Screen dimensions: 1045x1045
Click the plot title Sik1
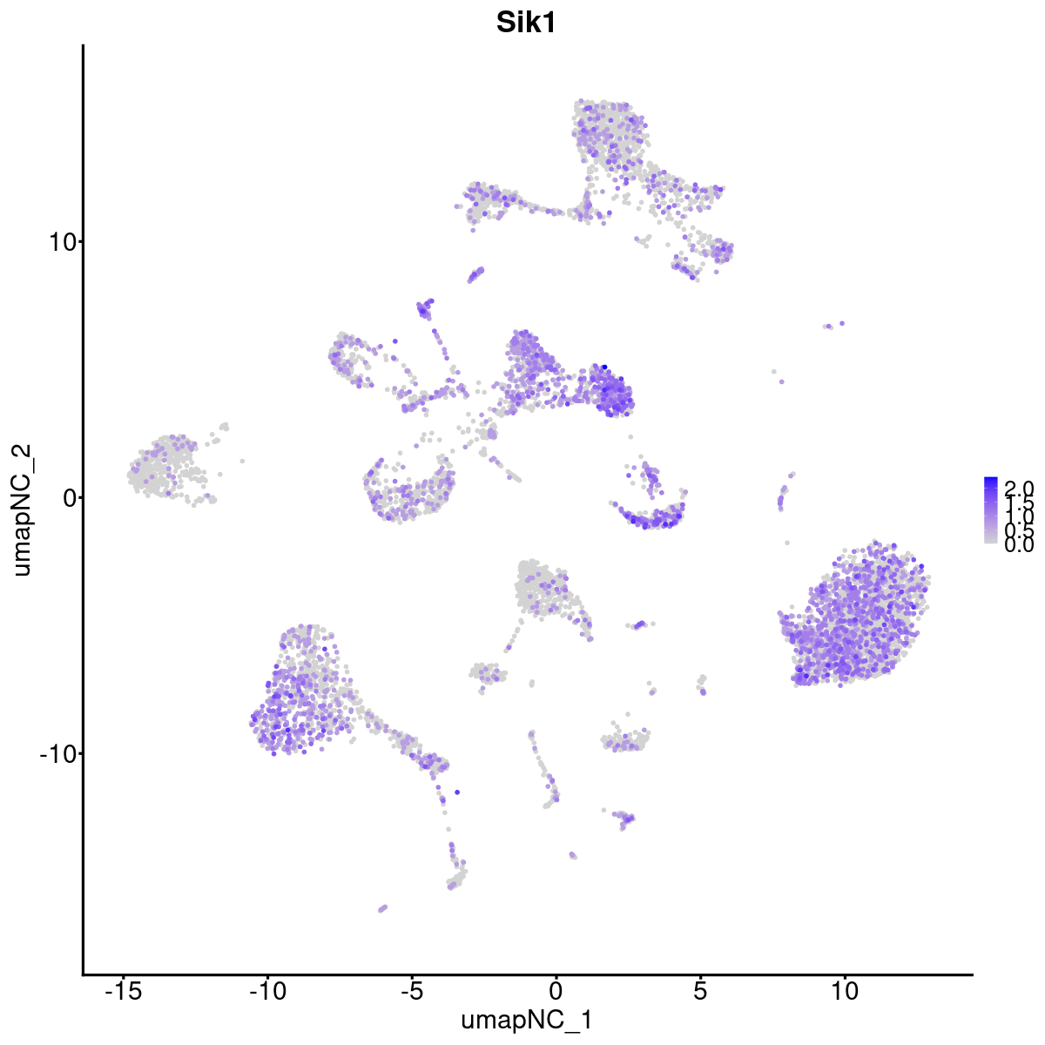[526, 24]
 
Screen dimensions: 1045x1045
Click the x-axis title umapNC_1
[526, 1020]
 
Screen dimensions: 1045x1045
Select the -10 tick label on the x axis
[267, 991]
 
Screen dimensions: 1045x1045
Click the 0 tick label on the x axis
[556, 991]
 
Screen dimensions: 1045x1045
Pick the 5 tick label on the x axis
[700, 991]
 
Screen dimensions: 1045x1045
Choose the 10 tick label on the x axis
[844, 991]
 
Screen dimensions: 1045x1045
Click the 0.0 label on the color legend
[1019, 545]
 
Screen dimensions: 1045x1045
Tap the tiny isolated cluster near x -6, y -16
[382, 908]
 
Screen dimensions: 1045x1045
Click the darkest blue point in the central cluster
[603, 367]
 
